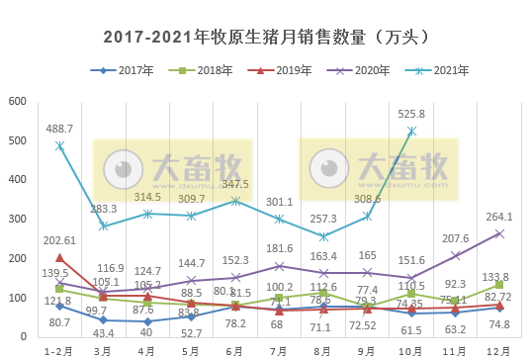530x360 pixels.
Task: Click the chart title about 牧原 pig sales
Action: [x=265, y=37]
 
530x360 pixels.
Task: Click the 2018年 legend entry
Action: [x=212, y=71]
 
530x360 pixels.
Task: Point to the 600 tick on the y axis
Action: [x=18, y=102]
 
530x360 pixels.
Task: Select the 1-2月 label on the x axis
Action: [x=59, y=350]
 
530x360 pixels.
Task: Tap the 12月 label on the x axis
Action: [x=498, y=350]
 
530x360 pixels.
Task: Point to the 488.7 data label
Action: [x=60, y=129]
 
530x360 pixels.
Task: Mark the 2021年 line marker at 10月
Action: [x=411, y=131]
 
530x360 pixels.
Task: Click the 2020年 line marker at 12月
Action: [x=499, y=233]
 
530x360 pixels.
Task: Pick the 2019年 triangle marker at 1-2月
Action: [x=60, y=258]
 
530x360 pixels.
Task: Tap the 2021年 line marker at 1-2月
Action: [x=60, y=145]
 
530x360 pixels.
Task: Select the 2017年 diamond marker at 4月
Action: [x=147, y=321]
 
